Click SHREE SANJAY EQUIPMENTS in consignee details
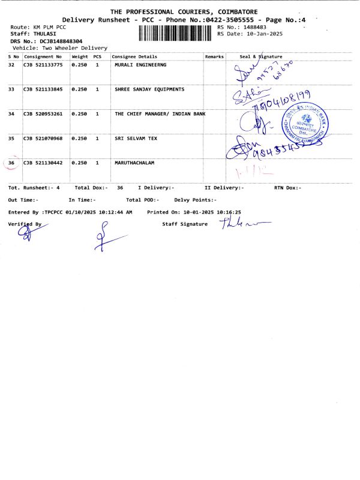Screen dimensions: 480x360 (x=149, y=89)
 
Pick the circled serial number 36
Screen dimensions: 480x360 (x=11, y=163)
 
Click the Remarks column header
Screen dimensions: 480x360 (x=214, y=56)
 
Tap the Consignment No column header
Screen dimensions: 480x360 (x=43, y=56)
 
